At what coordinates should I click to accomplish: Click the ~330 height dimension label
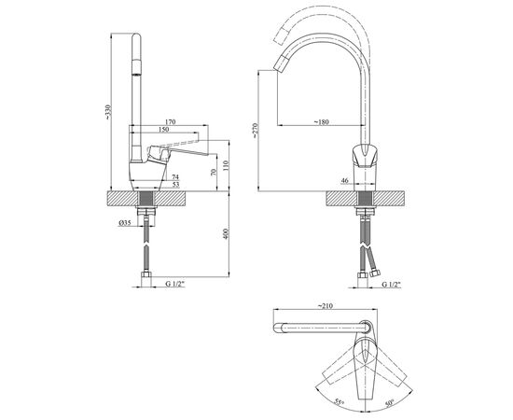coord(108,112)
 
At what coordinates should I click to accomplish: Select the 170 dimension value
coord(170,122)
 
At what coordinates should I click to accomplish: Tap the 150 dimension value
coord(163,130)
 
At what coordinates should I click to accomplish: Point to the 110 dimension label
coord(226,165)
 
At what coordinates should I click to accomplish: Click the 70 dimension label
coord(214,173)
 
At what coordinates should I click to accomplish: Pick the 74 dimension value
coord(175,177)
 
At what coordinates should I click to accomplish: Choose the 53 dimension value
coord(175,185)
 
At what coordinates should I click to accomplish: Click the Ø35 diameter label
coord(125,223)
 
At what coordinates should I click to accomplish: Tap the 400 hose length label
coord(226,233)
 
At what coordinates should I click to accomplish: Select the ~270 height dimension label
coord(256,131)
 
